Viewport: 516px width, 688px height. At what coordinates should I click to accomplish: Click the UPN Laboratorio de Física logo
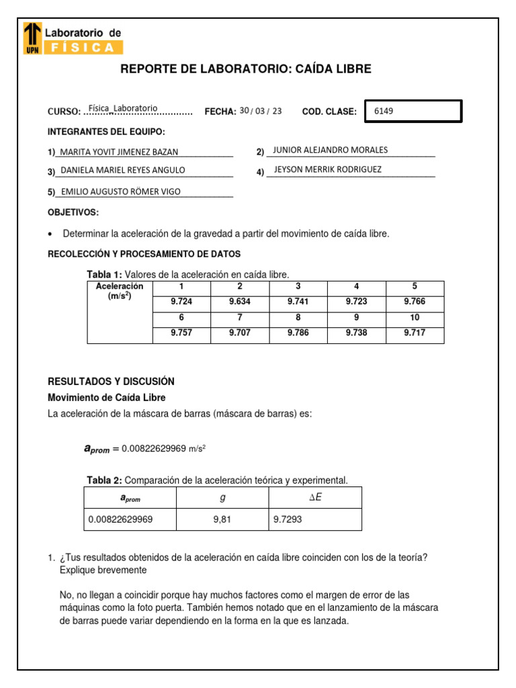pyautogui.click(x=73, y=38)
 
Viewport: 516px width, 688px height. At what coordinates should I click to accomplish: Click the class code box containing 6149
pyautogui.click(x=413, y=112)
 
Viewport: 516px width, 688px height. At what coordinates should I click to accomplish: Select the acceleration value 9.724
pyautogui.click(x=181, y=302)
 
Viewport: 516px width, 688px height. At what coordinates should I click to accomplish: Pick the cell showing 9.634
pyautogui.click(x=239, y=302)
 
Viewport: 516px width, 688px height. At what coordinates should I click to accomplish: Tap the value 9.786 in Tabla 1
pyautogui.click(x=298, y=333)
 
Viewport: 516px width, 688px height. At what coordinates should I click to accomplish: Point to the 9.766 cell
pyautogui.click(x=415, y=302)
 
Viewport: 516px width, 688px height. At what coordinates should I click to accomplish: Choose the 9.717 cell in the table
pyautogui.click(x=415, y=333)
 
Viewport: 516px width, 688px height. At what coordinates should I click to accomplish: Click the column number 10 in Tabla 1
pyautogui.click(x=415, y=317)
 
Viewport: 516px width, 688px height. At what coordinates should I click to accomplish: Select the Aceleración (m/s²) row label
pyautogui.click(x=120, y=291)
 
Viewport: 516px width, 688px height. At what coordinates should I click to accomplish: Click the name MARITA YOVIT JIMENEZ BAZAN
pyautogui.click(x=120, y=153)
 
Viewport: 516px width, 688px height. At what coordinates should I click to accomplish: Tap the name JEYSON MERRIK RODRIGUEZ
pyautogui.click(x=328, y=169)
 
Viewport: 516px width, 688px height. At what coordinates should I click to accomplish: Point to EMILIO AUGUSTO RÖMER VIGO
pyautogui.click(x=121, y=191)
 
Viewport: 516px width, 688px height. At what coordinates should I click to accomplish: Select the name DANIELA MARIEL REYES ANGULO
pyautogui.click(x=123, y=170)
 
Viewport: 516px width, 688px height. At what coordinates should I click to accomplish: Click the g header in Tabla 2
pyautogui.click(x=222, y=497)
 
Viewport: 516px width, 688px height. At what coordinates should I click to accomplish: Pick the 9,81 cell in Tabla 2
pyautogui.click(x=222, y=519)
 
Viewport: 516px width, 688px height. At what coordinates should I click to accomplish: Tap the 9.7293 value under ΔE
pyautogui.click(x=287, y=519)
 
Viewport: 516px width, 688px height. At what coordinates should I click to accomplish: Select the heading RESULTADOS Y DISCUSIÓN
pyautogui.click(x=111, y=381)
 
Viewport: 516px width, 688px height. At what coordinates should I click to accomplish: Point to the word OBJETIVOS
pyautogui.click(x=73, y=212)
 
